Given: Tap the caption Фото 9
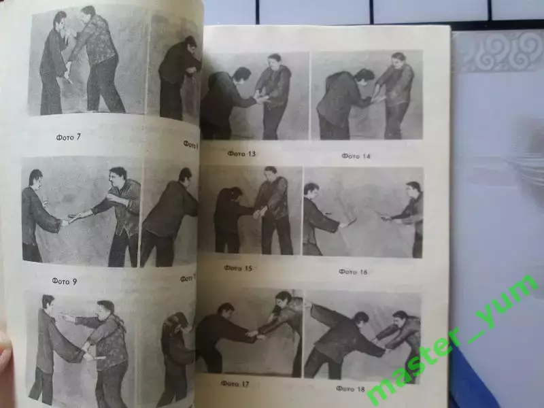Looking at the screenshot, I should coord(65,279).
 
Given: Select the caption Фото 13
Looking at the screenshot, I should coord(243,154).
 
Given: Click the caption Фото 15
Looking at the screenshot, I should coord(239,269).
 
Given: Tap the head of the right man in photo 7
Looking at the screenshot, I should coord(88,13).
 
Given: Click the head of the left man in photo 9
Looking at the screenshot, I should coord(36,179).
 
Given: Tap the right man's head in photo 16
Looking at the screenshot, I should coord(413,188).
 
